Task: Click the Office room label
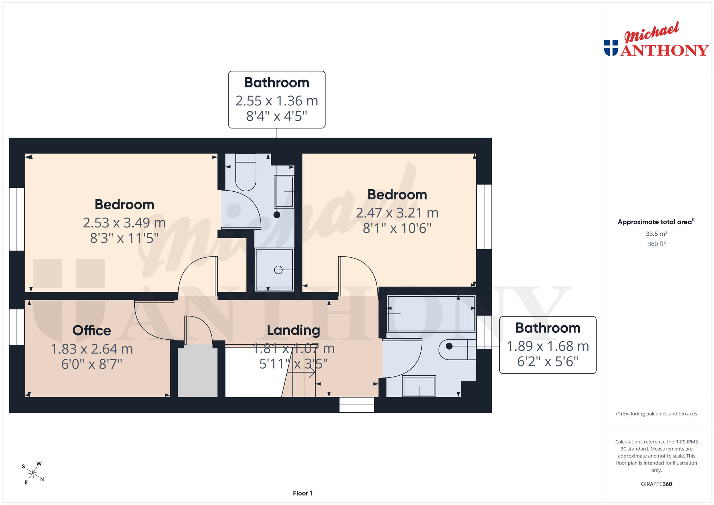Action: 92,331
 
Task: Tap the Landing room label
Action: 293,330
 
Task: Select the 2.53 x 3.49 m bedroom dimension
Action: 124,223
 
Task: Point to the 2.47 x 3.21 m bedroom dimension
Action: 397,213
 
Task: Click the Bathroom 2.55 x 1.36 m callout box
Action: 277,100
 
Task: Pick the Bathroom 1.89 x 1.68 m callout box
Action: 548,345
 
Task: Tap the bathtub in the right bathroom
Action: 431,314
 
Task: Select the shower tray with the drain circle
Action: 274,270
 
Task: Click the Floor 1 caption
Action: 303,493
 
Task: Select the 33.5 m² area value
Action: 656,234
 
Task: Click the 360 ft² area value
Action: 656,244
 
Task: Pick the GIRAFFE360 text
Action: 656,484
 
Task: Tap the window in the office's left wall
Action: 17,327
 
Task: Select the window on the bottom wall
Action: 356,405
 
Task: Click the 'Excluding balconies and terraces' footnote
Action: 656,414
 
